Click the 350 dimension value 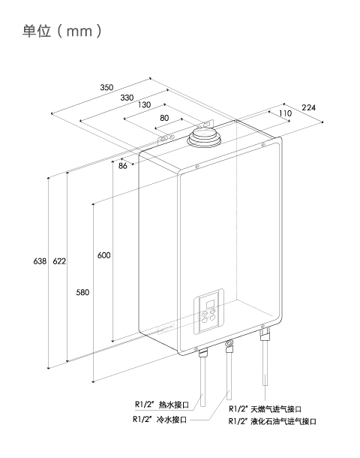coord(106,87)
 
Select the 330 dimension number coord(127,98)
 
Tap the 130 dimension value coord(145,104)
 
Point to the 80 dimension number coord(164,118)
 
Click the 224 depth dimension coord(308,108)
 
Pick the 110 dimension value coord(285,113)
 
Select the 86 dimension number coord(123,166)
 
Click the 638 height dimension coord(40,261)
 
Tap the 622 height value coord(59,261)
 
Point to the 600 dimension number coord(103,255)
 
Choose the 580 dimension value coord(82,292)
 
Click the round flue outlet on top coord(204,138)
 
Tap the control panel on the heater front coord(209,312)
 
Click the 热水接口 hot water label coord(173,405)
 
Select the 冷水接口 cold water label coord(172,420)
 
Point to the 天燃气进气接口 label coord(276,409)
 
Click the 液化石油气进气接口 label coord(283,421)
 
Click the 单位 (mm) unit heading coord(62,31)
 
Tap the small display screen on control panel coord(211,305)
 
